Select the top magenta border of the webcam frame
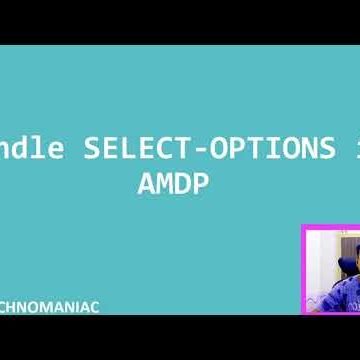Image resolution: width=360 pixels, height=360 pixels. [330, 227]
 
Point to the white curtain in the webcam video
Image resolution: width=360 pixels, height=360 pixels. [318, 260]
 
